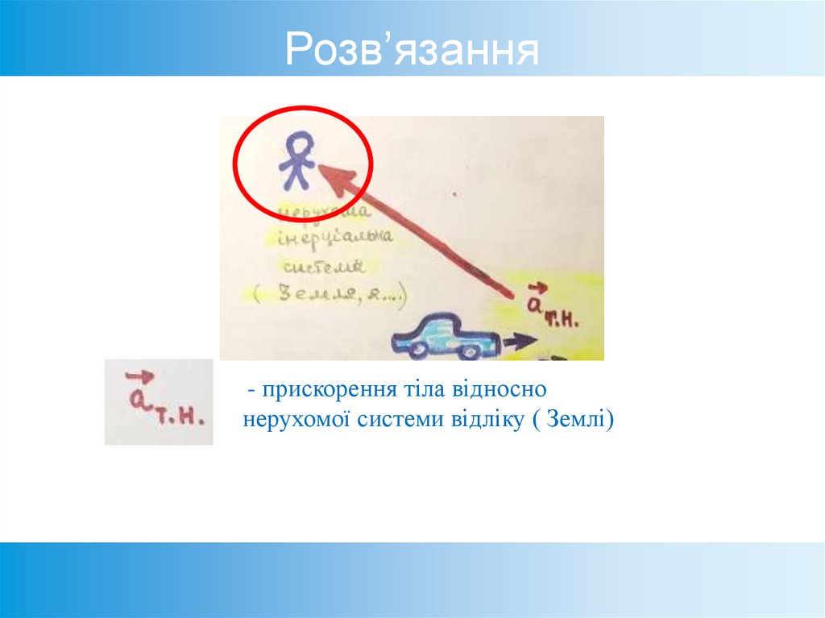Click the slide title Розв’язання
point(412,51)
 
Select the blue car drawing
point(445,338)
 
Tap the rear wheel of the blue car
point(418,350)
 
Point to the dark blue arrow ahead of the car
point(520,341)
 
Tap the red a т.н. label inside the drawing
point(551,307)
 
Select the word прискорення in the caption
point(322,390)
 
